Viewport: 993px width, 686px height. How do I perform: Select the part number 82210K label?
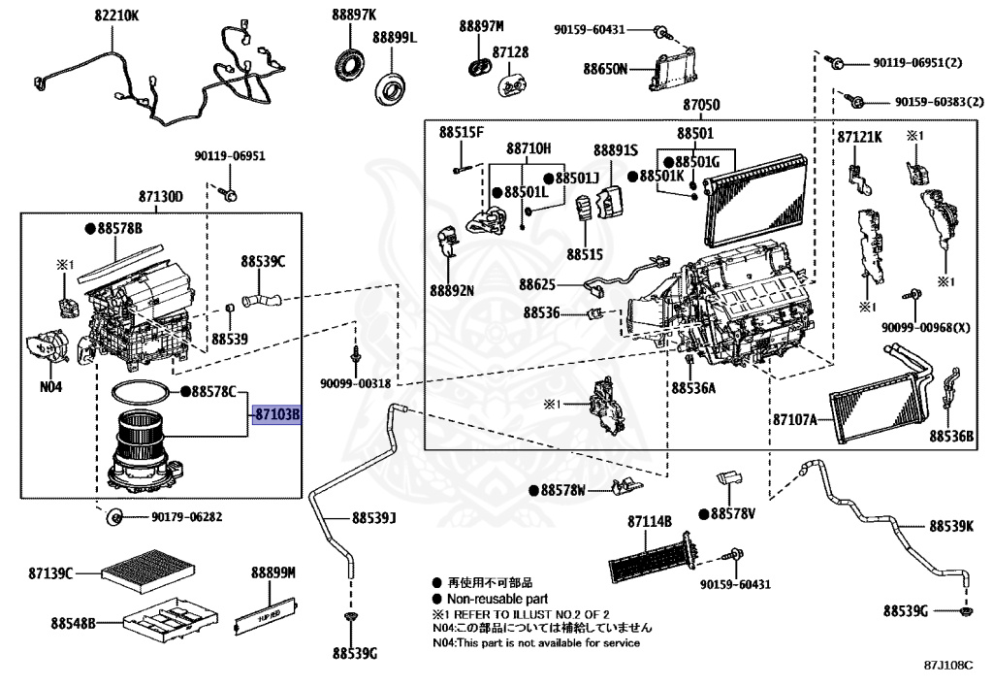point(116,16)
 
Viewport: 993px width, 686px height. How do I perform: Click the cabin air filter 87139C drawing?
point(135,571)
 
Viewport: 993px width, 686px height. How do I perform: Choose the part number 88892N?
point(453,289)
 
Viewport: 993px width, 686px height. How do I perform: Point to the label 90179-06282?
point(186,517)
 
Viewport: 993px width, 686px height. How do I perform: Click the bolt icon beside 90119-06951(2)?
point(836,64)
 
